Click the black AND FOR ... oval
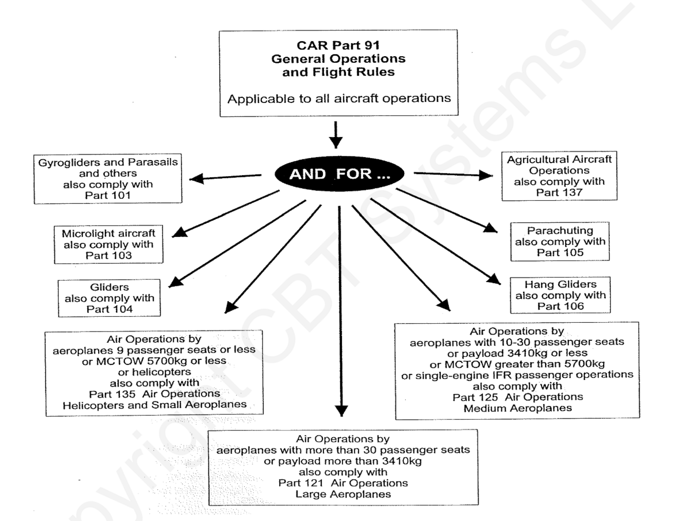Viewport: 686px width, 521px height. (339, 174)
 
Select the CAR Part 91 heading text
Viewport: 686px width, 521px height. (338, 45)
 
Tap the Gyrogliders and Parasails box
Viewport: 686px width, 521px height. (108, 179)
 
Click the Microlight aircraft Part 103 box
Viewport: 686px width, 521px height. (109, 245)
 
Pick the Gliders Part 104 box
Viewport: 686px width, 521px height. (109, 298)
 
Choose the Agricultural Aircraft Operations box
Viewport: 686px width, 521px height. (559, 176)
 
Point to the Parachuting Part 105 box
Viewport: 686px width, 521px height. (560, 241)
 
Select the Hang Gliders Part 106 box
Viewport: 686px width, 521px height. (560, 295)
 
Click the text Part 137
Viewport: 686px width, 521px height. (559, 193)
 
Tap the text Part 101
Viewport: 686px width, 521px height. (108, 196)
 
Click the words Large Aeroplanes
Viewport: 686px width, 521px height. (343, 494)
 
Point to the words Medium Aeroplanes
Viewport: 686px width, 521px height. (517, 408)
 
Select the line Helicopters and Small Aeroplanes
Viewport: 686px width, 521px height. (154, 405)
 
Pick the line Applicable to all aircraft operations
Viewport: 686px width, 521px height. (339, 98)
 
